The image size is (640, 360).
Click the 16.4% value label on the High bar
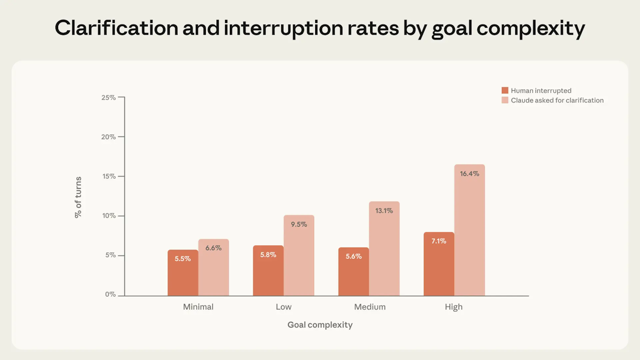469,173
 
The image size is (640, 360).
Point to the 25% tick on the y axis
109,98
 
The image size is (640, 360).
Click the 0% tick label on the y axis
110,294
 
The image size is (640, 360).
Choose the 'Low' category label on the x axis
284,307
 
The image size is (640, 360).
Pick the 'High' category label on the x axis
454,307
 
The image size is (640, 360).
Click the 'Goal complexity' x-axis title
320,325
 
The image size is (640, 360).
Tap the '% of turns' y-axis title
78,197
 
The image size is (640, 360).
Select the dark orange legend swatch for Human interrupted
505,91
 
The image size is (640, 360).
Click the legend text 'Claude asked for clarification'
557,100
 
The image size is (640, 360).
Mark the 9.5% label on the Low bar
299,225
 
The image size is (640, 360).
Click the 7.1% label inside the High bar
439,241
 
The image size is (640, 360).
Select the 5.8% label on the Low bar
268,255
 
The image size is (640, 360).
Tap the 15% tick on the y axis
109,176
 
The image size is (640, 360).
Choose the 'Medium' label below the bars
370,307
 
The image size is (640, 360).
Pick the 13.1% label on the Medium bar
384,211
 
